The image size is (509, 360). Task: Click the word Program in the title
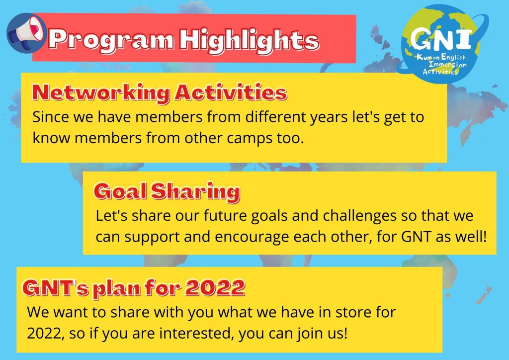pyautogui.click(x=111, y=40)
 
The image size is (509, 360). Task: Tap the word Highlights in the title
pyautogui.click(x=250, y=40)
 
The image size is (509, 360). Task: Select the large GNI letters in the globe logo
pyautogui.click(x=441, y=38)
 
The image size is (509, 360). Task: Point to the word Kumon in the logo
pyautogui.click(x=428, y=58)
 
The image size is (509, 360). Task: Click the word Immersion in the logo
pyautogui.click(x=448, y=64)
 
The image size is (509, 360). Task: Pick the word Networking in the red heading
pyautogui.click(x=101, y=93)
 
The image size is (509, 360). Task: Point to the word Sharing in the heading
pyautogui.click(x=195, y=191)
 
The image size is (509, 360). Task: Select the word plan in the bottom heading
pyautogui.click(x=116, y=288)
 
